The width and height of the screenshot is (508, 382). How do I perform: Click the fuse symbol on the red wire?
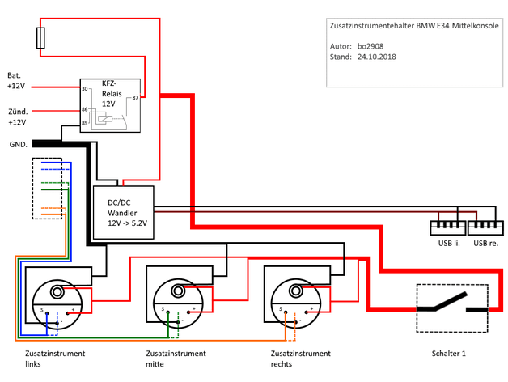click(40, 38)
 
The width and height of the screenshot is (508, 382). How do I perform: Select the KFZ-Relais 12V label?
click(112, 93)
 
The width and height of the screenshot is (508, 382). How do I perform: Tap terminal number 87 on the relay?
click(135, 98)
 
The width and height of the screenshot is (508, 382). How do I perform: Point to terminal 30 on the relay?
click(85, 88)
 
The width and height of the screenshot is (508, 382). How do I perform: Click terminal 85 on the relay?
click(85, 123)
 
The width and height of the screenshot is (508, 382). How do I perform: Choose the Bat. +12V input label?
click(16, 81)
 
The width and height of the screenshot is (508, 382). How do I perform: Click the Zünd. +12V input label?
click(18, 117)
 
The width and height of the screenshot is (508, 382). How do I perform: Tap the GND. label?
click(18, 145)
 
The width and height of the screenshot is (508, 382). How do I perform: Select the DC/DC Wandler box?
click(124, 212)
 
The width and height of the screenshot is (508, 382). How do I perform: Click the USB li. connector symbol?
click(448, 227)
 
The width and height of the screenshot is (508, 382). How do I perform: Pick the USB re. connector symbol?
click(485, 227)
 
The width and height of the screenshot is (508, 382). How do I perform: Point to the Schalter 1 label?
click(448, 354)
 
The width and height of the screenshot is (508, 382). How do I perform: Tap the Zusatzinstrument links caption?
click(55, 359)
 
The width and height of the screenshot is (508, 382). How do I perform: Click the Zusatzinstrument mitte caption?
click(176, 359)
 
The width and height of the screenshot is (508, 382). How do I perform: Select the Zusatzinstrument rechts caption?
click(301, 359)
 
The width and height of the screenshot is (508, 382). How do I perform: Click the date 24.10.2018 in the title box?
click(376, 57)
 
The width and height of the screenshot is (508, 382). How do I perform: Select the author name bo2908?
click(370, 46)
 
